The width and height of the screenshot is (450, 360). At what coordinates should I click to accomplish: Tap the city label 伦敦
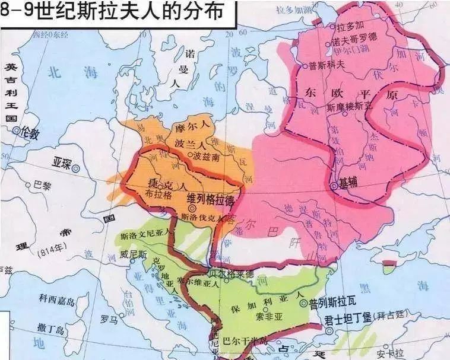click(30, 133)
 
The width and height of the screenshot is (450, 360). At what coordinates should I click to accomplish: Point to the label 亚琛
click(61, 162)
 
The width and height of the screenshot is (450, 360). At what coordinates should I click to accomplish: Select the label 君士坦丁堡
click(348, 318)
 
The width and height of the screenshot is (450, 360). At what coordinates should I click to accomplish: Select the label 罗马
click(109, 319)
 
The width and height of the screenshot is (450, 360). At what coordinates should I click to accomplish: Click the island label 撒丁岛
click(50, 327)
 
